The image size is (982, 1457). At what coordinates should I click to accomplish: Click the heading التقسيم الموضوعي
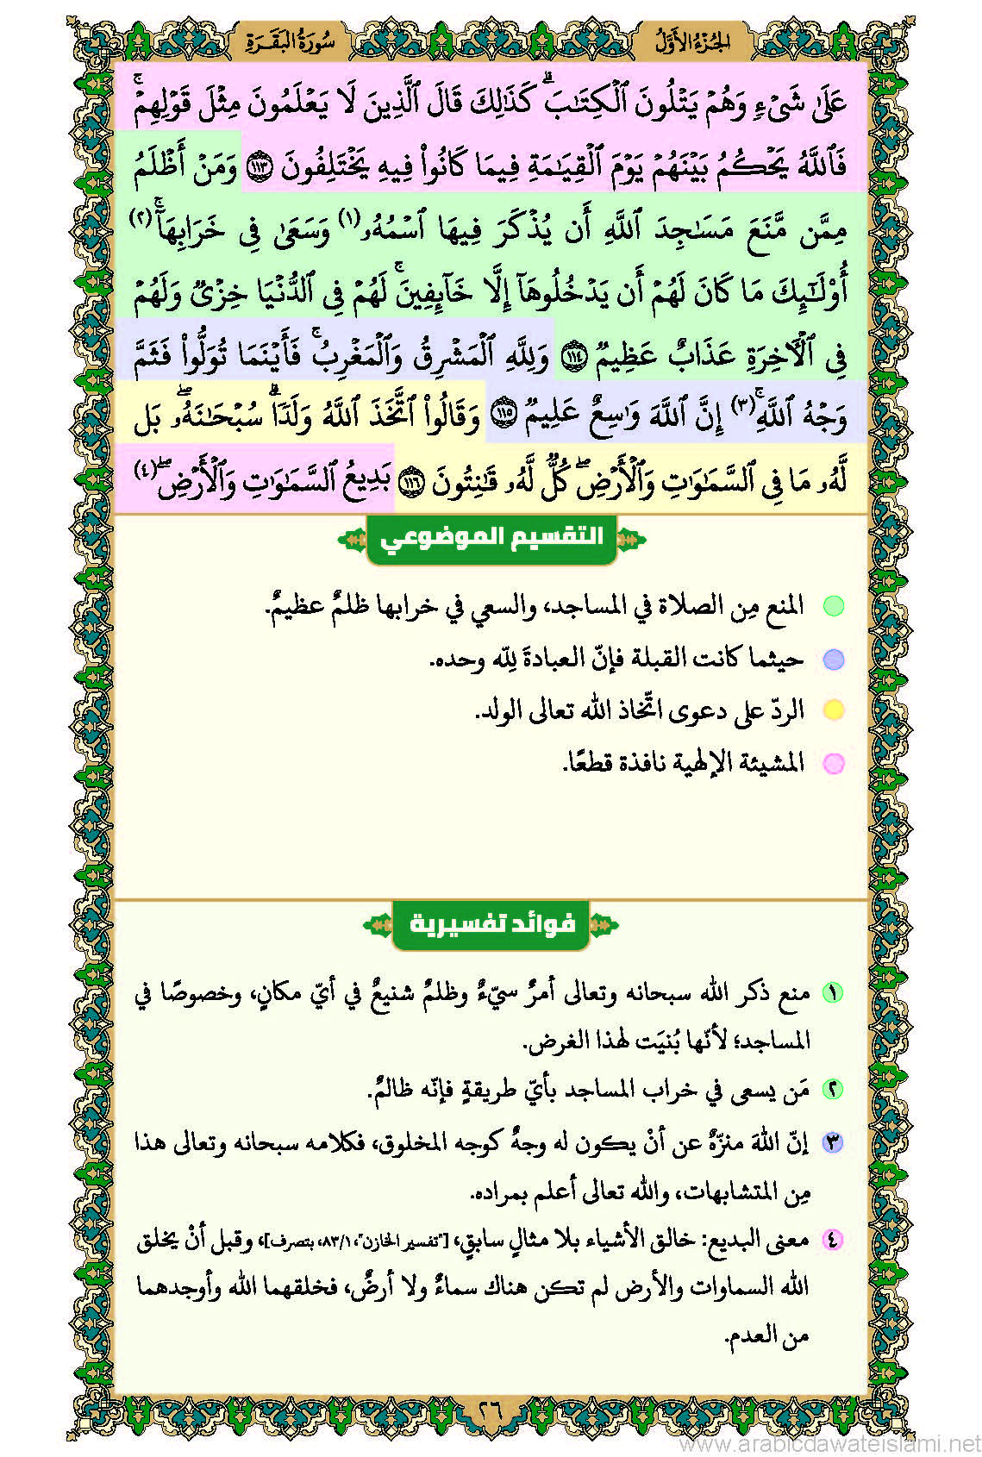[491, 539]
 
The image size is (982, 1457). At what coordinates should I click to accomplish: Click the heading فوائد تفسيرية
[491, 924]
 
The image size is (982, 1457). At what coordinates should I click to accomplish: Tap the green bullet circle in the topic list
[833, 606]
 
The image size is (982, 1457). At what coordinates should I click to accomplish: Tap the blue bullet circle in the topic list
[833, 660]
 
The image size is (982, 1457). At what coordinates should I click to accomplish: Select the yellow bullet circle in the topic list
[833, 710]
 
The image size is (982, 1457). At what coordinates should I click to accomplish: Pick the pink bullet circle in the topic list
[833, 763]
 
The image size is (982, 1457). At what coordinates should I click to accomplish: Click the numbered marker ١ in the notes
[832, 992]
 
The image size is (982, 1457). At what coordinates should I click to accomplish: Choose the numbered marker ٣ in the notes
[832, 1143]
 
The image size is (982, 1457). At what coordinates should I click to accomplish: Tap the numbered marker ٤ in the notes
[832, 1240]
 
